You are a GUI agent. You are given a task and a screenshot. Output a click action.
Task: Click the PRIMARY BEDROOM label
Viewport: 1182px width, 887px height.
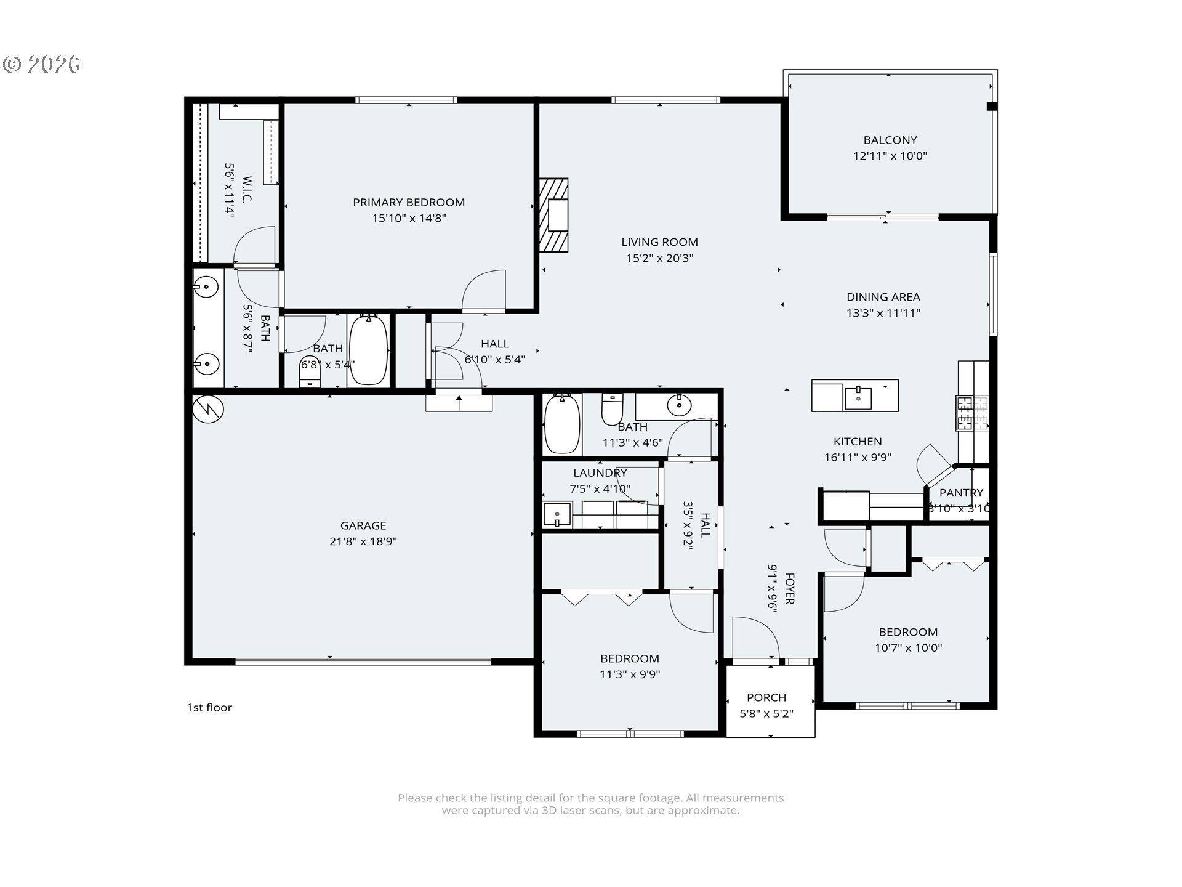[x=409, y=202]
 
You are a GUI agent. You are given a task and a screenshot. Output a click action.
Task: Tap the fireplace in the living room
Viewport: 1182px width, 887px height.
[x=553, y=215]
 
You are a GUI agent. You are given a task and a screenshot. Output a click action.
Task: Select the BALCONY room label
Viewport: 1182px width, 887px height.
[x=890, y=140]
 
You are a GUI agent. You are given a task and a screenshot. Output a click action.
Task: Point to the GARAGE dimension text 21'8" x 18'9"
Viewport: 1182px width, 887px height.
[x=363, y=541]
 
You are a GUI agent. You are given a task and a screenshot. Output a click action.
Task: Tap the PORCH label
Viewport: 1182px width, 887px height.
[x=766, y=697]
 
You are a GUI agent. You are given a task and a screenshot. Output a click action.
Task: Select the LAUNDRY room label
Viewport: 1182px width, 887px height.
[x=600, y=472]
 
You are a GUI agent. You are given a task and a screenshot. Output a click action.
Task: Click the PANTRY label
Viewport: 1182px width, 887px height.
[x=962, y=492]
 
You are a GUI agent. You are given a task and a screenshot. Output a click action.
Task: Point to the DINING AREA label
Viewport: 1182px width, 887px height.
[x=883, y=297]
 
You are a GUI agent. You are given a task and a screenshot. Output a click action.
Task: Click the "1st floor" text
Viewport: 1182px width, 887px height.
[x=209, y=707]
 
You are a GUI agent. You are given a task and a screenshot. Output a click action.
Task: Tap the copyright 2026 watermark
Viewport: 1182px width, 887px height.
[x=42, y=64]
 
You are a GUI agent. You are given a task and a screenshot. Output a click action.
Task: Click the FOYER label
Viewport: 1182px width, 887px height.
[x=789, y=588]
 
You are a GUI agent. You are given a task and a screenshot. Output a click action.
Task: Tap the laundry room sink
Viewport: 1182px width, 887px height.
[x=558, y=514]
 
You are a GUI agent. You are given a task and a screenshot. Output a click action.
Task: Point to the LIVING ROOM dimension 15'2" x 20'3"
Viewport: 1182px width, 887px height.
[x=660, y=258]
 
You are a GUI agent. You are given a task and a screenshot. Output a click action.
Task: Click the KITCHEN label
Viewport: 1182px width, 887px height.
[x=858, y=441]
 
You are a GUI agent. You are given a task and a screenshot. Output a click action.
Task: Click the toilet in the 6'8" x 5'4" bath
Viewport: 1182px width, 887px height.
[x=310, y=371]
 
